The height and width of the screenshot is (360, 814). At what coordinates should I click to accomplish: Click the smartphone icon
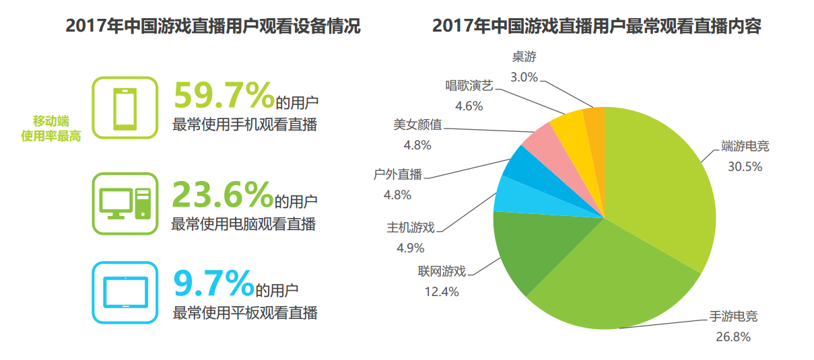pyautogui.click(x=125, y=108)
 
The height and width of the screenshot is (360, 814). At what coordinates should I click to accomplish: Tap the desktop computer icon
pyautogui.click(x=125, y=203)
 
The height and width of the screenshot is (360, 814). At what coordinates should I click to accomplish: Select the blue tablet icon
pyautogui.click(x=125, y=293)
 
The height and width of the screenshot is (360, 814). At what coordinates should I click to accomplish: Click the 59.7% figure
pyautogui.click(x=223, y=95)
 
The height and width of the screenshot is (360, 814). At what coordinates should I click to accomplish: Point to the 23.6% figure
pyautogui.click(x=222, y=194)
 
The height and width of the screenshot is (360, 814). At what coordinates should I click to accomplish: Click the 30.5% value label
pyautogui.click(x=745, y=167)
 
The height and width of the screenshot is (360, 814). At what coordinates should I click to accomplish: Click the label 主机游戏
pyautogui.click(x=411, y=227)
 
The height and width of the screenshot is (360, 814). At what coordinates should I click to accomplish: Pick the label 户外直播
pyautogui.click(x=397, y=175)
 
